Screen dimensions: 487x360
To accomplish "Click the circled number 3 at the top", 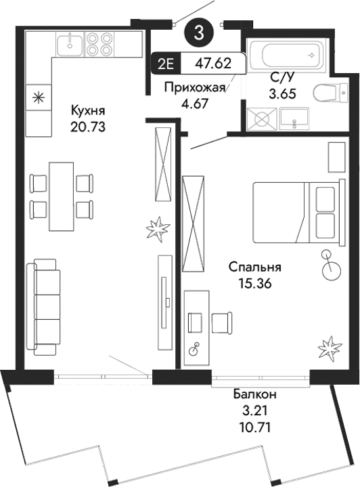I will [198, 30].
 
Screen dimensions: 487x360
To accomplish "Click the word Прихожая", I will [195, 88].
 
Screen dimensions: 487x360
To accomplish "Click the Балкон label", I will [255, 394].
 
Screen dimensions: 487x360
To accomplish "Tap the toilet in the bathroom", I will [328, 93].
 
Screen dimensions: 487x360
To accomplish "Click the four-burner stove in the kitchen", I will [101, 44].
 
